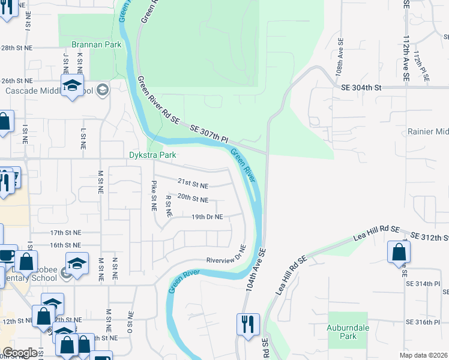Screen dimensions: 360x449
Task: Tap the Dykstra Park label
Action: click(152, 155)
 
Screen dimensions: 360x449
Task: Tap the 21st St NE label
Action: click(193, 182)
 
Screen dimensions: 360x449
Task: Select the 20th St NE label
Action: click(193, 199)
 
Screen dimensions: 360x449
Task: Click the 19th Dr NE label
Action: click(207, 217)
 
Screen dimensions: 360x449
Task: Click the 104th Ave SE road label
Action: click(255, 270)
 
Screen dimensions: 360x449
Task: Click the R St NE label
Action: click(168, 205)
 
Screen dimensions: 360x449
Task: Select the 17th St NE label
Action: click(65, 232)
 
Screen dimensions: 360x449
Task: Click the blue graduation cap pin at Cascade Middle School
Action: click(72, 85)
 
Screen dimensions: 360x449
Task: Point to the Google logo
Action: click(20, 353)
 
